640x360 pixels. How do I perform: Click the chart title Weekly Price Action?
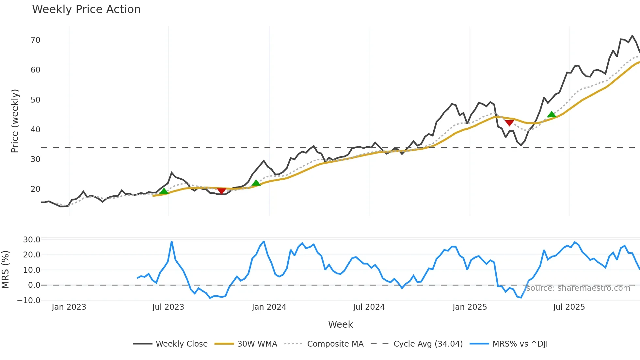[86, 9]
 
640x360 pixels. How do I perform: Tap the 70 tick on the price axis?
[35, 40]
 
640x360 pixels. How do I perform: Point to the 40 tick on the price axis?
[35, 130]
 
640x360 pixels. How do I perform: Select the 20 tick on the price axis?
[35, 189]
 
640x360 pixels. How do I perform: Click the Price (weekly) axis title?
[15, 121]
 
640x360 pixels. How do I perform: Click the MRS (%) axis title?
[6, 270]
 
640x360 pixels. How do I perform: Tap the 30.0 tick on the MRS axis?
[31, 240]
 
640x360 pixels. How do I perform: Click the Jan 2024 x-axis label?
[269, 307]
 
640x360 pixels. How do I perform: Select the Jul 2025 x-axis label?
[569, 307]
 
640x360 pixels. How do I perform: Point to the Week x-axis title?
[340, 324]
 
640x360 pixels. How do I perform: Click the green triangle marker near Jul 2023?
[164, 191]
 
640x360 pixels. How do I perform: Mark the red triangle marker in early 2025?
[509, 123]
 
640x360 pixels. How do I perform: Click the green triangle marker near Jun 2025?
[552, 114]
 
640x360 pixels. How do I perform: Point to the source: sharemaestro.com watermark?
[578, 288]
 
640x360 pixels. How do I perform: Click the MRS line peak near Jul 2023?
[172, 242]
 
